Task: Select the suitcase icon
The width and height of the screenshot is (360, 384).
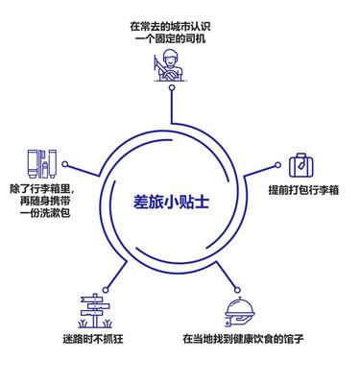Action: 303,164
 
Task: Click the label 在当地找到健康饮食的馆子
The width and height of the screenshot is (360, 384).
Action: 244,341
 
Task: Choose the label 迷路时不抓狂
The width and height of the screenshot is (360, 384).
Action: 91,341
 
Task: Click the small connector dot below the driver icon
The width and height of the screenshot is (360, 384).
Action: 171,87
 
